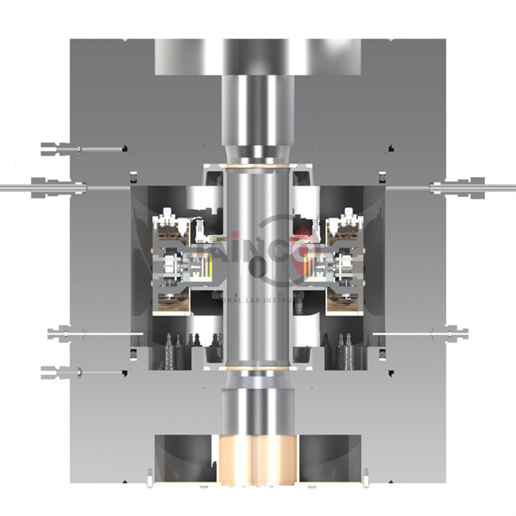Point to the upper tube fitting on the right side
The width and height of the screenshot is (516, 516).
click(x=460, y=186)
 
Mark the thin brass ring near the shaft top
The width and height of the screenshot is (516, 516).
click(x=257, y=164)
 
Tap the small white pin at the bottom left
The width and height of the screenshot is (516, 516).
click(x=150, y=476)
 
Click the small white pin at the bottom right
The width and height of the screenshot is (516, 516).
click(x=365, y=476)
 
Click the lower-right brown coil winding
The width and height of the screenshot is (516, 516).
click(x=345, y=297)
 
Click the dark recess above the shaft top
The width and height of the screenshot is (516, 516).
click(x=257, y=55)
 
